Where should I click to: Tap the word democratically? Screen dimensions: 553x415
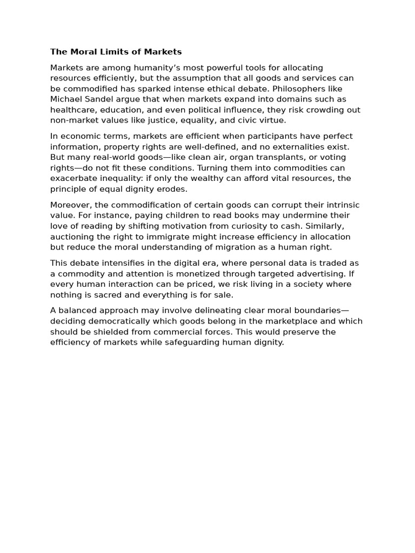tap(115, 321)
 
